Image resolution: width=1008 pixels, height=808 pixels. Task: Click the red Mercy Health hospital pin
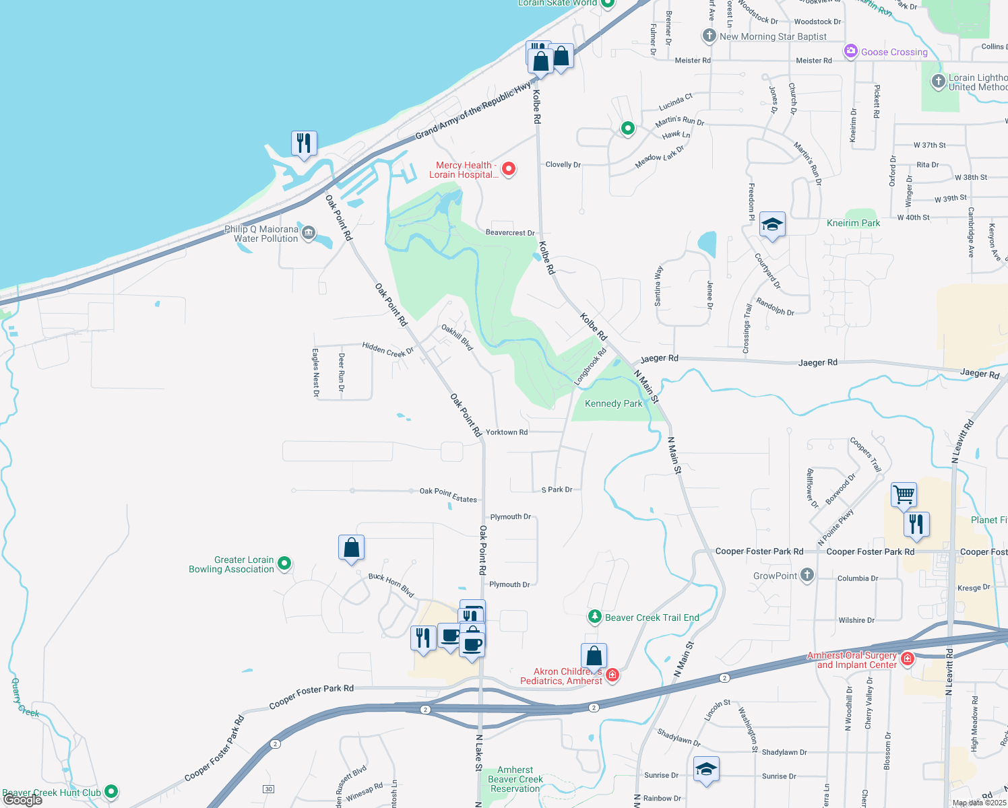click(x=509, y=169)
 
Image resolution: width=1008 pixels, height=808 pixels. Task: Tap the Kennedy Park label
click(x=613, y=404)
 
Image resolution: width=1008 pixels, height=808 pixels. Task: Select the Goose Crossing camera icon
click(x=851, y=51)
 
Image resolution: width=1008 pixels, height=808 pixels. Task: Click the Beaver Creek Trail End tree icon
click(x=594, y=617)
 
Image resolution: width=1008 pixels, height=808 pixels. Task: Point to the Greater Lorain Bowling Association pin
click(x=284, y=563)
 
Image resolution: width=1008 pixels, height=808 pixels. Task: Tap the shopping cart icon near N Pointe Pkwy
click(x=904, y=495)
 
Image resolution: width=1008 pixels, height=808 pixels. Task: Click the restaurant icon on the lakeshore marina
click(x=304, y=143)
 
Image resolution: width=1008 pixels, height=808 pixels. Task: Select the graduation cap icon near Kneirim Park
click(x=772, y=225)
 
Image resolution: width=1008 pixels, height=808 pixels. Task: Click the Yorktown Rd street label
click(x=507, y=432)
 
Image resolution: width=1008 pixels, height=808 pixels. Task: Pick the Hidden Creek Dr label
click(x=387, y=349)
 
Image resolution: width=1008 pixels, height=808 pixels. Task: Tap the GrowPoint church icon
click(x=807, y=576)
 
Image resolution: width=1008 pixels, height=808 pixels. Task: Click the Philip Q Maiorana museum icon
click(x=309, y=234)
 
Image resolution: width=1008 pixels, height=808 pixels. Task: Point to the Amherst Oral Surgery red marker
click(x=908, y=659)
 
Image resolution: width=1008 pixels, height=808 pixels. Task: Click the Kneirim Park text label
click(x=853, y=223)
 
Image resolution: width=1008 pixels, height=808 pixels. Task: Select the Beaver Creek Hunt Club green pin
click(x=112, y=792)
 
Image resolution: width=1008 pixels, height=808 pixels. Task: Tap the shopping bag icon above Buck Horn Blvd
click(x=351, y=548)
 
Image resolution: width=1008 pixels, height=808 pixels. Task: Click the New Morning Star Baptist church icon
click(x=709, y=36)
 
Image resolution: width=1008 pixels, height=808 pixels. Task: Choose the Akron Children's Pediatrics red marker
click(x=612, y=675)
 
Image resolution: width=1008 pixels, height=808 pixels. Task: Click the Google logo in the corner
click(x=23, y=800)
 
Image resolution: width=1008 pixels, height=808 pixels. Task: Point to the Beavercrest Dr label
click(x=510, y=233)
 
